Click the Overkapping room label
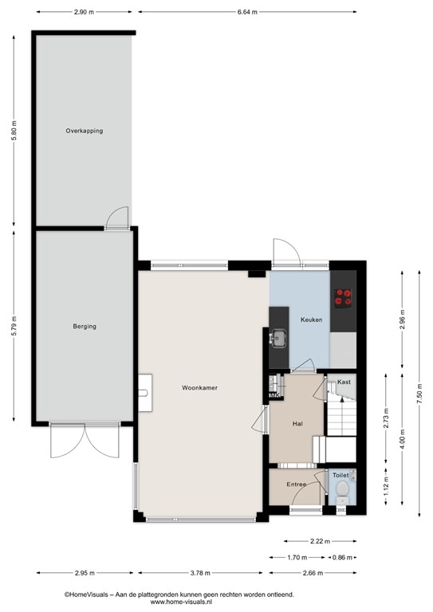coord(85,131)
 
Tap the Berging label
coord(85,326)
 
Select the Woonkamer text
coord(199,387)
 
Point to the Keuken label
coord(311,320)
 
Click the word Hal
coord(297,423)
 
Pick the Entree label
coord(297,484)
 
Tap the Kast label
coord(344,382)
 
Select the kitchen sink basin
coord(279,339)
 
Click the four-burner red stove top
coord(343,297)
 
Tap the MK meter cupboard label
coord(275,396)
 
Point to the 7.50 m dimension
coord(419,394)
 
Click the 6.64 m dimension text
coord(247,12)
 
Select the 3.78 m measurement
coord(200,573)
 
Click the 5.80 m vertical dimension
coord(14,131)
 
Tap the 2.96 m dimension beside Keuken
coord(402,320)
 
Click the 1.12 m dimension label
coord(386,486)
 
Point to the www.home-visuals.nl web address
coord(181,602)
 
